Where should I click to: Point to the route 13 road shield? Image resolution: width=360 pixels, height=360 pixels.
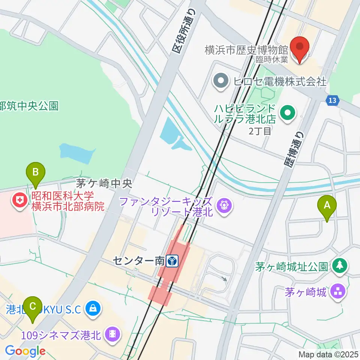(332, 100)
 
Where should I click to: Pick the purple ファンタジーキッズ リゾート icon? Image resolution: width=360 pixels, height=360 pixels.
(224, 206)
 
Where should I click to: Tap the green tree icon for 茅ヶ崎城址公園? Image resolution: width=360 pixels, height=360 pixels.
(340, 266)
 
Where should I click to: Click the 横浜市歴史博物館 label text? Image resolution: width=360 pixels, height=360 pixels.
(246, 49)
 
